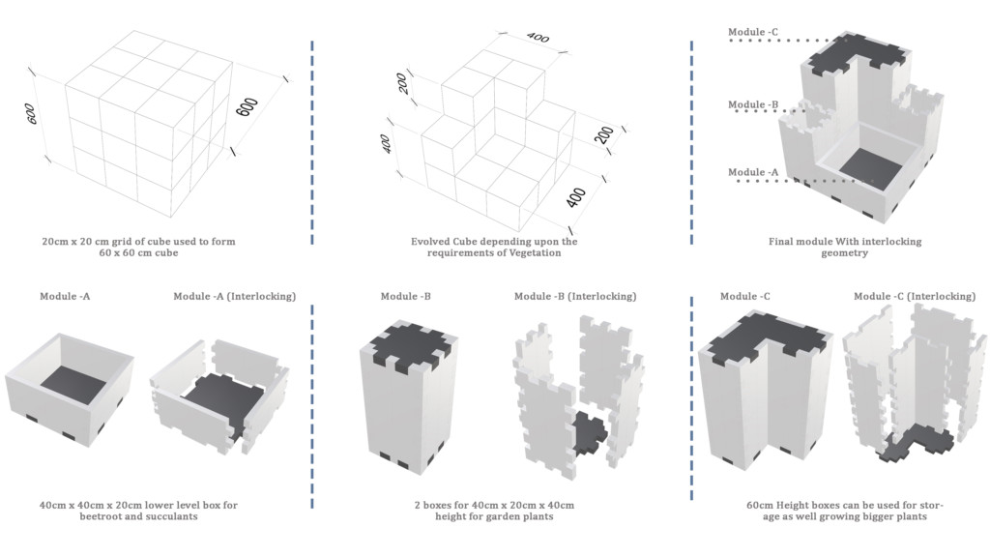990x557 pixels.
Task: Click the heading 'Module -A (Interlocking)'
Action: [234, 296]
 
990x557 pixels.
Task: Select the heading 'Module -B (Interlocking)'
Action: [575, 296]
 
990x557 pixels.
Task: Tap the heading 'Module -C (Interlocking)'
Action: [915, 296]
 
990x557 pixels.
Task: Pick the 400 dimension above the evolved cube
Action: [538, 38]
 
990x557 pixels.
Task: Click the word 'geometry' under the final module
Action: [845, 253]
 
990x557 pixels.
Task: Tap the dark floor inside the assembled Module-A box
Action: [73, 384]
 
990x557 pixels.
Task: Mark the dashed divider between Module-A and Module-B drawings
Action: [311, 406]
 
